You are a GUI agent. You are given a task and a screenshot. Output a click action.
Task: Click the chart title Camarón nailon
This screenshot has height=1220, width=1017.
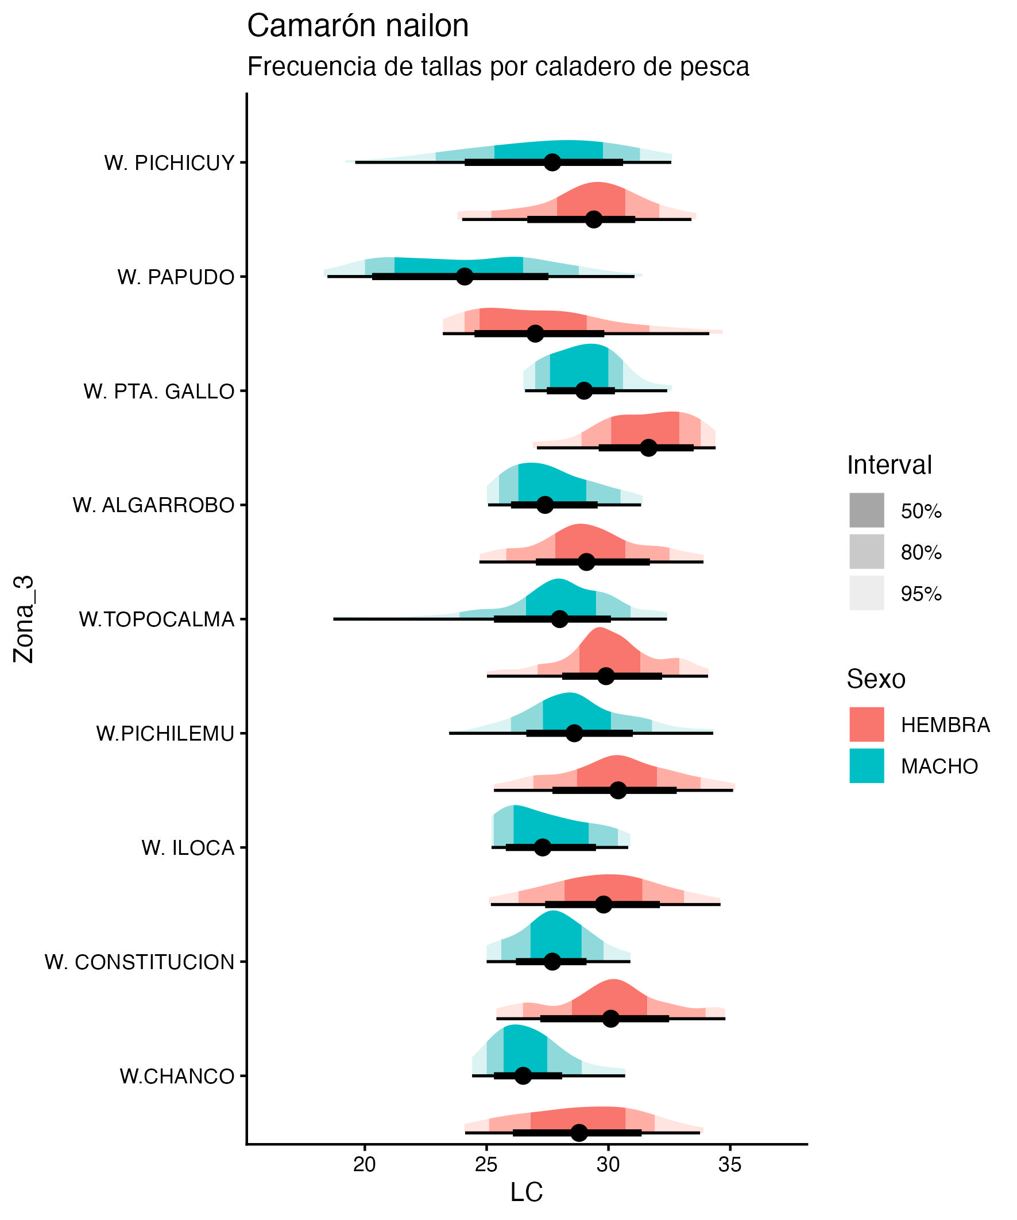[357, 27]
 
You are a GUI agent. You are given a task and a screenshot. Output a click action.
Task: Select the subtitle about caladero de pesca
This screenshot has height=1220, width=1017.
[497, 67]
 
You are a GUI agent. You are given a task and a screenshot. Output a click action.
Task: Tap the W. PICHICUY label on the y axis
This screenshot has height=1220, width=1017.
[169, 163]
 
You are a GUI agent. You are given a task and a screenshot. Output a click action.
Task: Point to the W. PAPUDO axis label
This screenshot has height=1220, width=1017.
[176, 277]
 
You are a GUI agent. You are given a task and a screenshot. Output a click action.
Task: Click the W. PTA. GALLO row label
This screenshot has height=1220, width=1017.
[158, 392]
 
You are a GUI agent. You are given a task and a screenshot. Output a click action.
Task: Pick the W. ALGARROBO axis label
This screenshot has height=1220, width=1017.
[153, 505]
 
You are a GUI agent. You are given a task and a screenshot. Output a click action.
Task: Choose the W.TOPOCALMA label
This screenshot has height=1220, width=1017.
[156, 620]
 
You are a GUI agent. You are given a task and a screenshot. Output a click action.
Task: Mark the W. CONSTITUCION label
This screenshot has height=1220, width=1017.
[140, 962]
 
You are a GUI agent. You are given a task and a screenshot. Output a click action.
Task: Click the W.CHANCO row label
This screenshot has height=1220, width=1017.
[177, 1076]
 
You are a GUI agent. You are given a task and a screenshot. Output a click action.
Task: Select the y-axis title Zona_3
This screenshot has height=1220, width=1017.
[25, 619]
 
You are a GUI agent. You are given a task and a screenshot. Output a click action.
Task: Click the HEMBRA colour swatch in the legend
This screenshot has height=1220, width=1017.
[866, 725]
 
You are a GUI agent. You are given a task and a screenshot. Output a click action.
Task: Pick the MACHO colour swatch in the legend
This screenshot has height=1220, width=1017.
[866, 766]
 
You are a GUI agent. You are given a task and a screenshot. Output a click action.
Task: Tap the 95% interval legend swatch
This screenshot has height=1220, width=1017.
[866, 593]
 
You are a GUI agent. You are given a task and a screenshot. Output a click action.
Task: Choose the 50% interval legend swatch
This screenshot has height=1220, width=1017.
[866, 510]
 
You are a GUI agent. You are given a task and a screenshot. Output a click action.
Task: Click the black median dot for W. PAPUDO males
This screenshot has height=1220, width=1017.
[465, 277]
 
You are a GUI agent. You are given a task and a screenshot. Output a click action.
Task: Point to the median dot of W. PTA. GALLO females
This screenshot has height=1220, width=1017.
[648, 448]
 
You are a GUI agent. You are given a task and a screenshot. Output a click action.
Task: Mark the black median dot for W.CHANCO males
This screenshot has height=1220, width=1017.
[523, 1075]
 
